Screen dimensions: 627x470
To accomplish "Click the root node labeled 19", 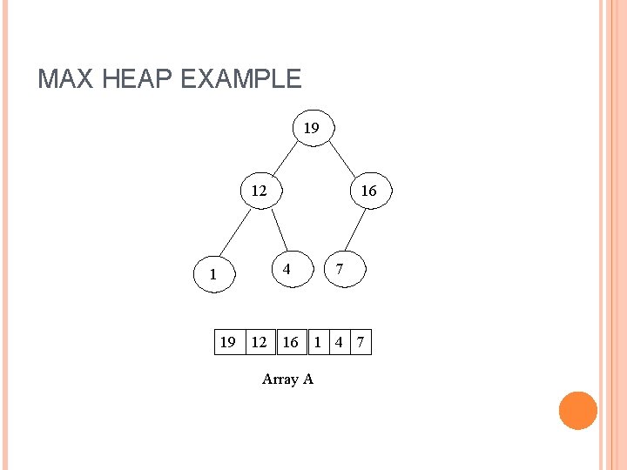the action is tap(312, 129).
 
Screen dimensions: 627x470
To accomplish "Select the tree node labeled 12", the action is tap(260, 191).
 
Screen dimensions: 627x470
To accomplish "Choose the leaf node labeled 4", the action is tap(286, 270).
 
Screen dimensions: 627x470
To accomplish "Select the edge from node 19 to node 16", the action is tap(340, 159).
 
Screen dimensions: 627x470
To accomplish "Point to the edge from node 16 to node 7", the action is tap(353, 230).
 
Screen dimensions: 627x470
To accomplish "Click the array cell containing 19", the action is tap(228, 342).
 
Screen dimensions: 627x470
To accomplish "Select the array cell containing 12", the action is tap(260, 342).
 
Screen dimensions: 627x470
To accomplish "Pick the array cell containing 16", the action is tap(291, 342).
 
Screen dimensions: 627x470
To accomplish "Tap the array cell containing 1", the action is tap(318, 342).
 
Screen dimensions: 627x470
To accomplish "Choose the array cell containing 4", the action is tap(339, 342).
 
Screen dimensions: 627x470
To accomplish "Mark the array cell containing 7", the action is tap(360, 342).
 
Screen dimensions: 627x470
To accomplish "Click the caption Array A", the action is tap(287, 379).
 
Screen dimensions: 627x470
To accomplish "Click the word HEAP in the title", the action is tap(132, 79).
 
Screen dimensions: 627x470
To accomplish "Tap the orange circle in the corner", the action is tap(577, 411).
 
